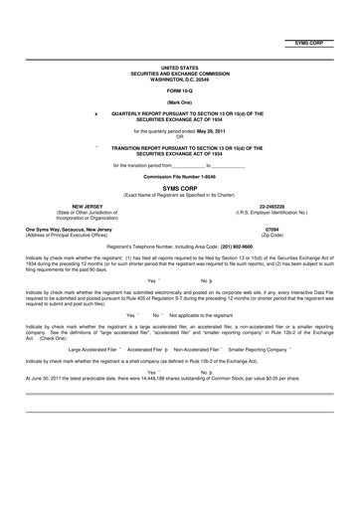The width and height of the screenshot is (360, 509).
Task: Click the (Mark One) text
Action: [179, 102]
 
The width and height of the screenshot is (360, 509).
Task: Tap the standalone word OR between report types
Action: [179, 135]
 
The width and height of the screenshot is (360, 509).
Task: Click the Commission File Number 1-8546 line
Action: [179, 176]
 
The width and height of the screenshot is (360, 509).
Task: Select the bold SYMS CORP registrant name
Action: [179, 187]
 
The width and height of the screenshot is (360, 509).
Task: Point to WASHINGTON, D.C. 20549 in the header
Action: [179, 78]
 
